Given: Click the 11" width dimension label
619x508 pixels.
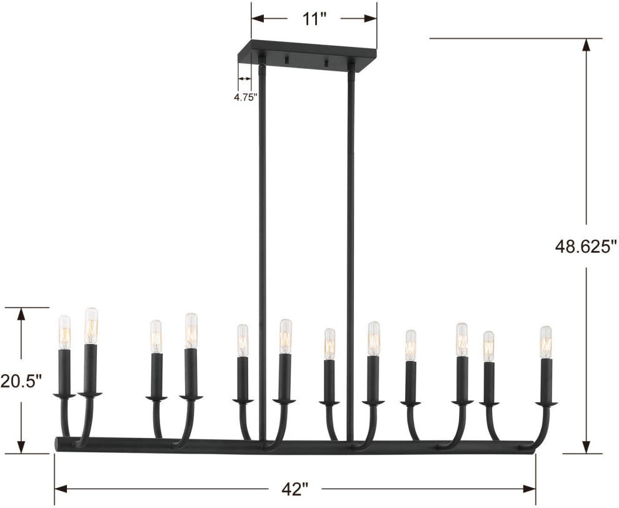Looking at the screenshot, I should point(315,19).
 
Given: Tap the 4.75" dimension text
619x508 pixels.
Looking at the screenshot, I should point(245,98).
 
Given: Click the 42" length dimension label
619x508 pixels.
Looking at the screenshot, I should point(295,487).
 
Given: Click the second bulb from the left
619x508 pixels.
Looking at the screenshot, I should point(91,325).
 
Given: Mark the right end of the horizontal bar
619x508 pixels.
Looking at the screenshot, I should point(531,445).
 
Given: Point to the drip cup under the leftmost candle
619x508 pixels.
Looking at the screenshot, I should point(63,396).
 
